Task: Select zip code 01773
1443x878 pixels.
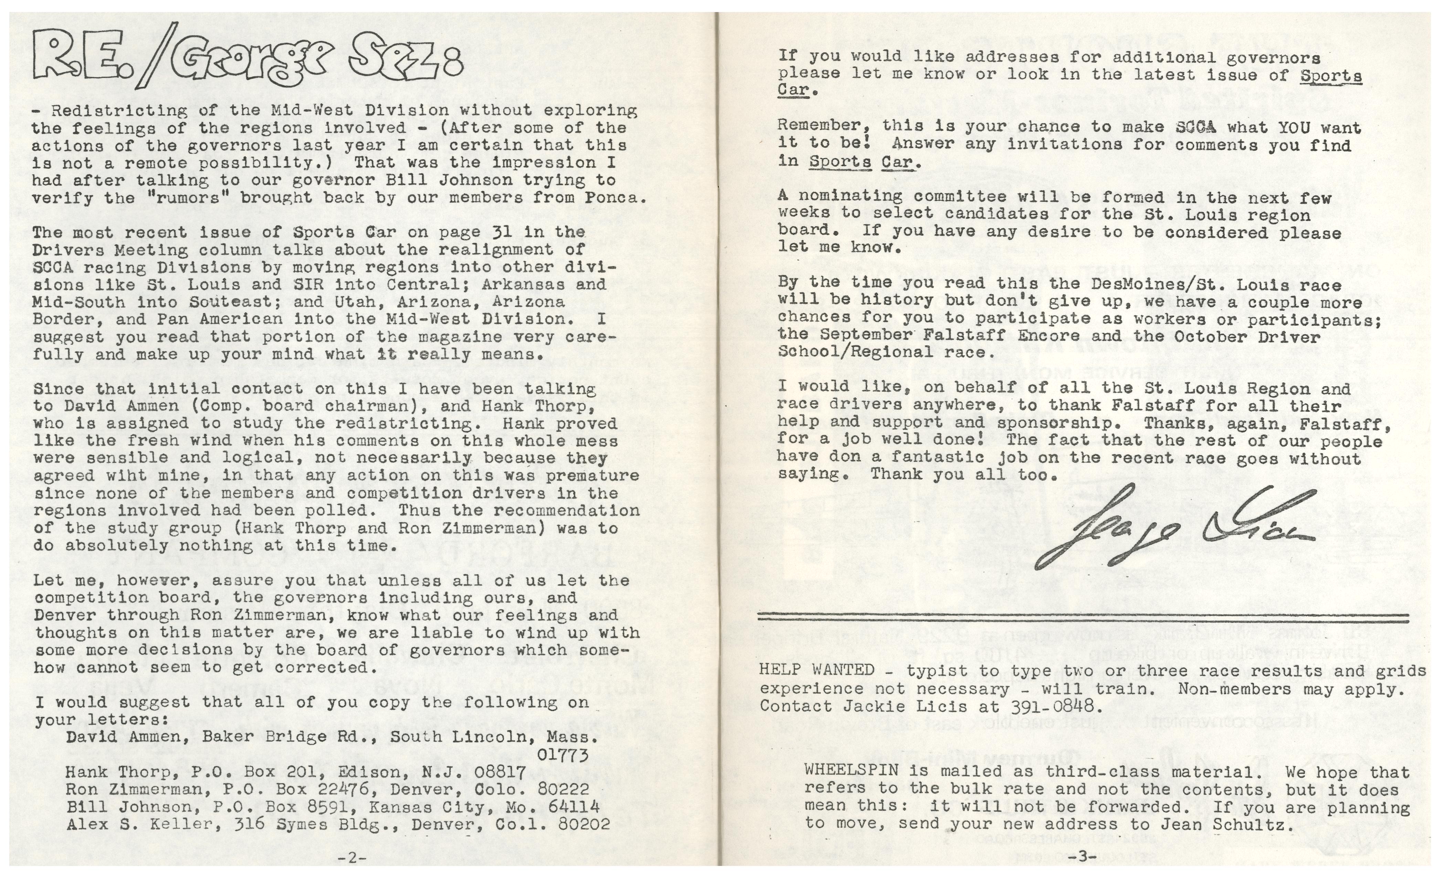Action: point(562,755)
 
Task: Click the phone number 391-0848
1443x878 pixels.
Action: point(1048,707)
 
